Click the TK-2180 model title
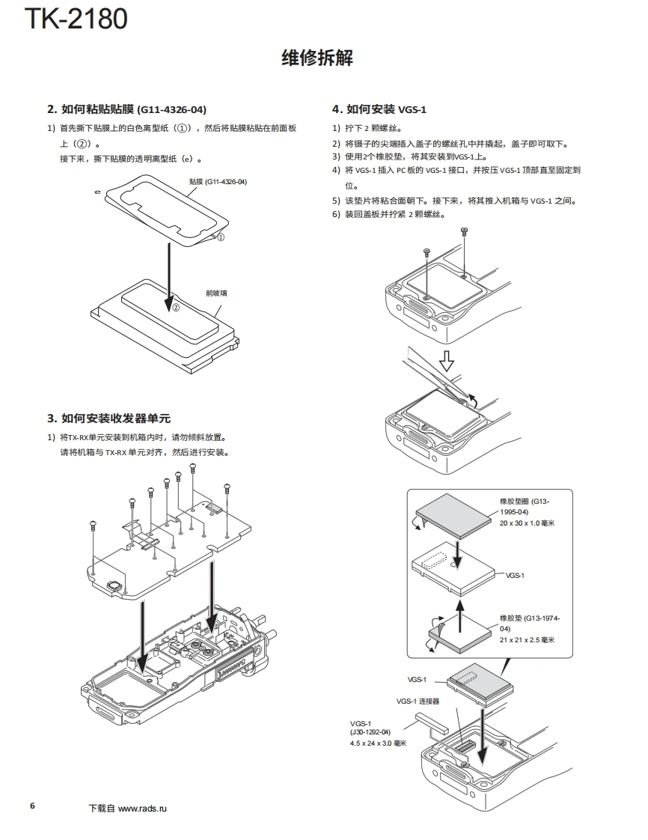[76, 19]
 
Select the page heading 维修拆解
[317, 58]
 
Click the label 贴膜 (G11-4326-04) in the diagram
[218, 182]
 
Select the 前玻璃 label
[217, 293]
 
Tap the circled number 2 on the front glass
[176, 307]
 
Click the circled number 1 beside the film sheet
[221, 237]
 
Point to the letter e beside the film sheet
[98, 192]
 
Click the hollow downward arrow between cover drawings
[446, 362]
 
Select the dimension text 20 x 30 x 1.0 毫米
[527, 523]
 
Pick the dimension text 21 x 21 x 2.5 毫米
[527, 639]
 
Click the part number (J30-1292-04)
[370, 731]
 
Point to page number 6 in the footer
[32, 806]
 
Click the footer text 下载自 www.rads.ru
[128, 809]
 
